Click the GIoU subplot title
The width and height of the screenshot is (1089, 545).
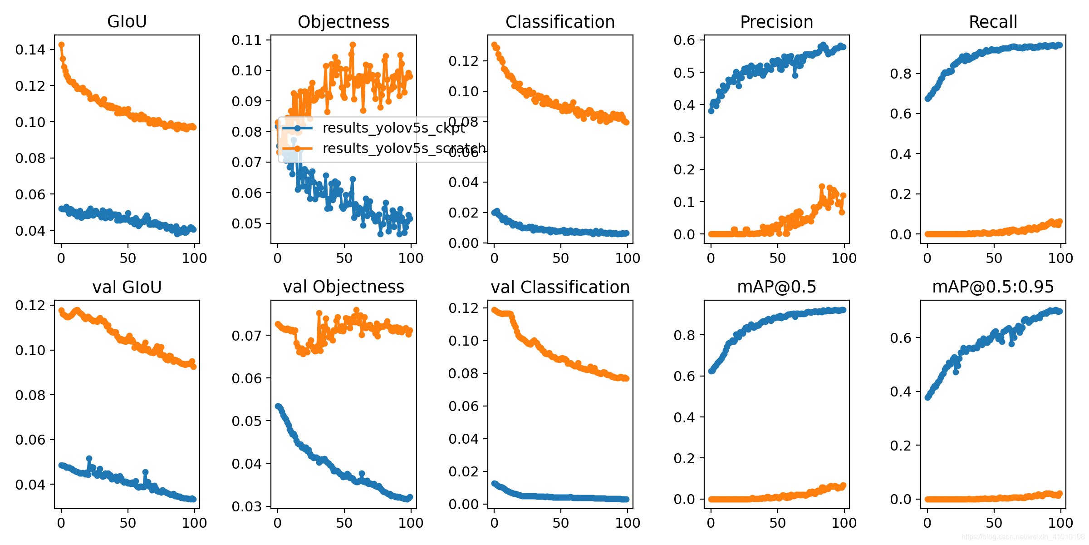(127, 22)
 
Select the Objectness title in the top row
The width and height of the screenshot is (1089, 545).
(343, 22)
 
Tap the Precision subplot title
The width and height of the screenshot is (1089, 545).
(776, 22)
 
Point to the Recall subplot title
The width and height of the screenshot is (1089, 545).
(993, 22)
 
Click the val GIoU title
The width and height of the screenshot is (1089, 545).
(127, 287)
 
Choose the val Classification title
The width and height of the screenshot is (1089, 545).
(560, 287)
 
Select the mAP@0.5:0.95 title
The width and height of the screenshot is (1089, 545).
(993, 287)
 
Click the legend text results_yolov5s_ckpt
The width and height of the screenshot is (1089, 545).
(394, 128)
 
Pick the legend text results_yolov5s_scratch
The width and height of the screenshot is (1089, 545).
(404, 149)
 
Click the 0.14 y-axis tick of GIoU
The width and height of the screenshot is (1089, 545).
(30, 50)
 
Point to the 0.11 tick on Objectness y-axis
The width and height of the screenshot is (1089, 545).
(247, 40)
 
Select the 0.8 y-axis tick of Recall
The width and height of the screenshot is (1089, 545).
(901, 74)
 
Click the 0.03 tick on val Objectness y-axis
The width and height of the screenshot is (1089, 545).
(247, 506)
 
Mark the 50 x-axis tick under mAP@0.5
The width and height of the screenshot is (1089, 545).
(777, 523)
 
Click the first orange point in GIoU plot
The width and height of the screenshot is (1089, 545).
(61, 45)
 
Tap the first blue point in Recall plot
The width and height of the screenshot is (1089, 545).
(927, 99)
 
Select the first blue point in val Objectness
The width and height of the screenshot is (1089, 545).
(278, 406)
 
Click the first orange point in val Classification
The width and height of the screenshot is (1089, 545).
(494, 310)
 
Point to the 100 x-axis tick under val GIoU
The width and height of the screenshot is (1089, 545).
(194, 523)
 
